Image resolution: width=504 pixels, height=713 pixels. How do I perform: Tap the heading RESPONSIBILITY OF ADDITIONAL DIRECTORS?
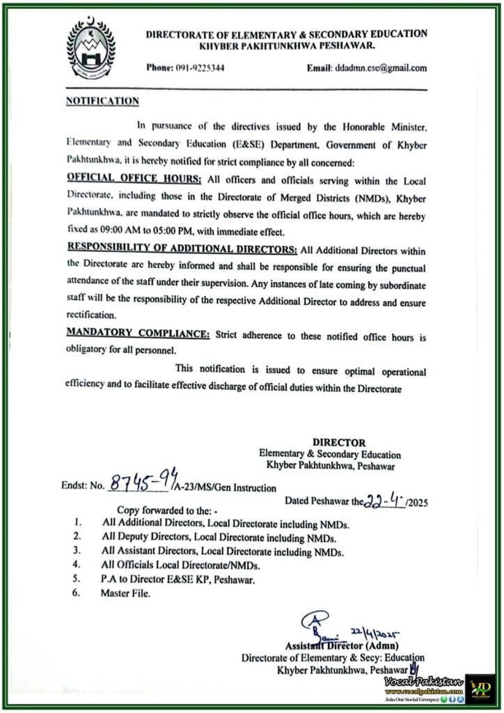(182, 249)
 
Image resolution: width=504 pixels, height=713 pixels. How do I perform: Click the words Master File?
(125, 593)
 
